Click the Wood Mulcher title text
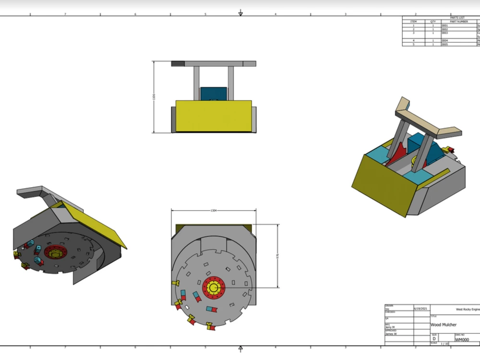point(444,325)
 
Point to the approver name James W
point(391,334)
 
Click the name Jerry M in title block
point(390,327)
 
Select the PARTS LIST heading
point(457,18)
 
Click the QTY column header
point(432,22)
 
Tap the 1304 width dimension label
point(214,211)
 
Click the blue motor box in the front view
point(213,93)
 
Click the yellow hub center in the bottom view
point(213,288)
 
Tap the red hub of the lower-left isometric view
point(52,252)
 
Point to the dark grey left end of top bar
point(178,63)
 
